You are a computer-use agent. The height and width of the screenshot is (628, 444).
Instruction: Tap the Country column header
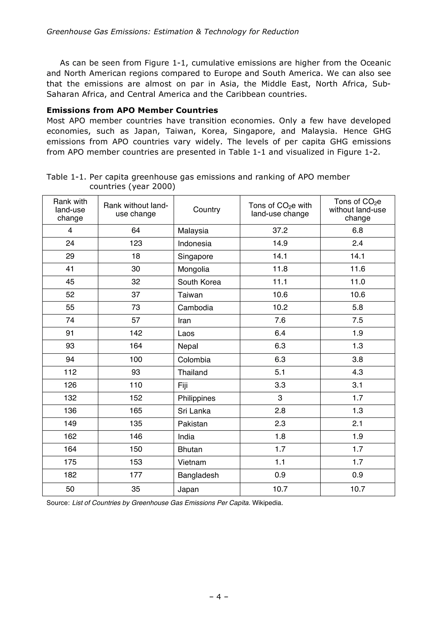coord(207,210)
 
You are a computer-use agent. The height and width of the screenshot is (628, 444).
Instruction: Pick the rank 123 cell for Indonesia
coord(136,243)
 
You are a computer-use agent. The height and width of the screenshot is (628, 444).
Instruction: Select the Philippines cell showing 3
coord(280,398)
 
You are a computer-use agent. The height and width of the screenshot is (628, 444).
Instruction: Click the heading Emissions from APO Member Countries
coord(132,110)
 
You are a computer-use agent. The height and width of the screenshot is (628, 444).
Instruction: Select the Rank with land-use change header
coord(70,210)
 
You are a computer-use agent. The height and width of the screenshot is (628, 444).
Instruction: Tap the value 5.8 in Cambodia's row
coord(357,307)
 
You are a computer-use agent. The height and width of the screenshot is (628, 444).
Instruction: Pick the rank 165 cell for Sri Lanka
coord(136,411)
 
